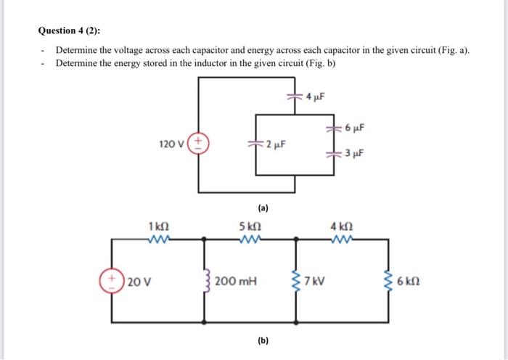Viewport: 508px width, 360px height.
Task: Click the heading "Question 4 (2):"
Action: coord(70,30)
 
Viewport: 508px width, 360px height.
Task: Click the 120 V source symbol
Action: coord(200,142)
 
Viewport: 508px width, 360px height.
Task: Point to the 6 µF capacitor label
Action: coord(356,128)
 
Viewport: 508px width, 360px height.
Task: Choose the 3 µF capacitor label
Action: coord(356,154)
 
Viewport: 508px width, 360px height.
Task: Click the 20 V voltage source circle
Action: coord(112,279)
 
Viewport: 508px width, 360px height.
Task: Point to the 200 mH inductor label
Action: coord(237,280)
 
